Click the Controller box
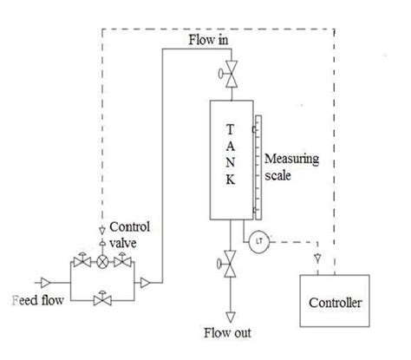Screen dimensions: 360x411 (334, 302)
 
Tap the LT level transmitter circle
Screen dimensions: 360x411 (258, 241)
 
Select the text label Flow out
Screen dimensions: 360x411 (228, 332)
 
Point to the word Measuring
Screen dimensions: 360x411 (291, 159)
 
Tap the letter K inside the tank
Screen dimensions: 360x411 (230, 180)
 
